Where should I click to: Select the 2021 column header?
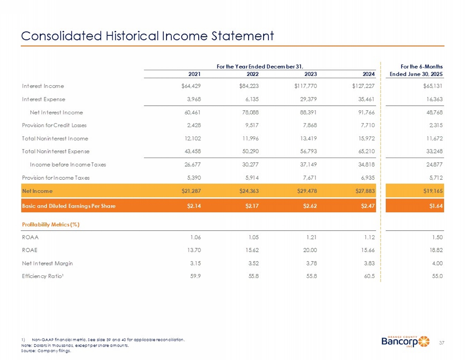coord(194,74)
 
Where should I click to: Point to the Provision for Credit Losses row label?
coord(54,125)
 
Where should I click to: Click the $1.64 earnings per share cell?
coord(436,206)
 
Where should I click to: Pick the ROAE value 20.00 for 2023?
coord(309,250)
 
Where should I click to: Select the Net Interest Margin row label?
coord(47,263)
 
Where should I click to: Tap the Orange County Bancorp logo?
coord(405,342)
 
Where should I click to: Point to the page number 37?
coord(442,343)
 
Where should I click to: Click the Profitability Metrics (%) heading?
coord(51,225)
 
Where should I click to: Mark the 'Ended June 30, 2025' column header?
coord(416,74)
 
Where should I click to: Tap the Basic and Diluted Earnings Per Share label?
coord(69,206)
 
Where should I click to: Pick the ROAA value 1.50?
coord(437,237)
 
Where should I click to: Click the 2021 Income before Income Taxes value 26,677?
coord(192,165)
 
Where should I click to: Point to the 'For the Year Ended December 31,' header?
coord(260,66)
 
